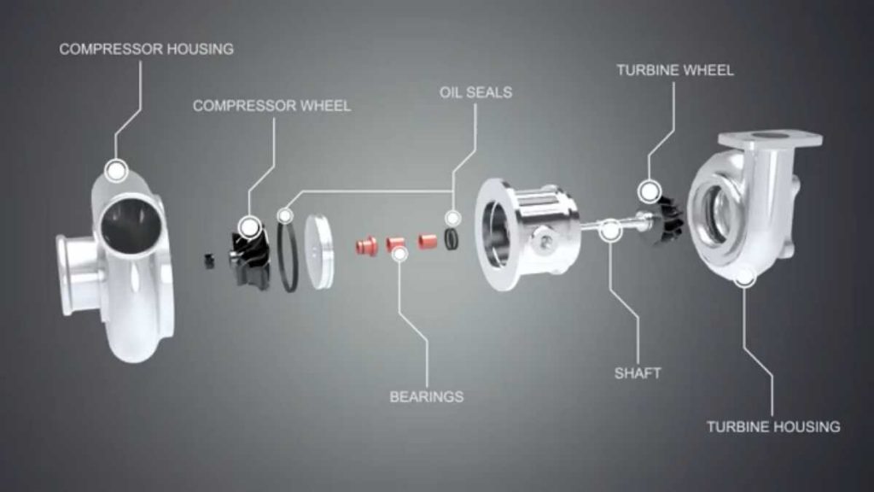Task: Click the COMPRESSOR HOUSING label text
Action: click(x=146, y=50)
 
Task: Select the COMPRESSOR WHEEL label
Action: click(x=271, y=106)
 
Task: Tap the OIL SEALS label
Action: click(x=475, y=91)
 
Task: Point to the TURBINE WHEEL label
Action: click(x=674, y=70)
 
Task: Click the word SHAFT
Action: click(x=638, y=373)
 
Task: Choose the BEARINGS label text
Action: click(x=427, y=396)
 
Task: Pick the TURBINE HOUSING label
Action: click(x=773, y=426)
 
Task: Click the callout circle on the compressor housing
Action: click(x=116, y=170)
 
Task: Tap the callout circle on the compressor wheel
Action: click(x=249, y=227)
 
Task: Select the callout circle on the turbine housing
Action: click(x=744, y=275)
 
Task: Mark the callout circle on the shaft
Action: click(x=610, y=229)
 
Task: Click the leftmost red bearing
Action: click(x=365, y=247)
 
